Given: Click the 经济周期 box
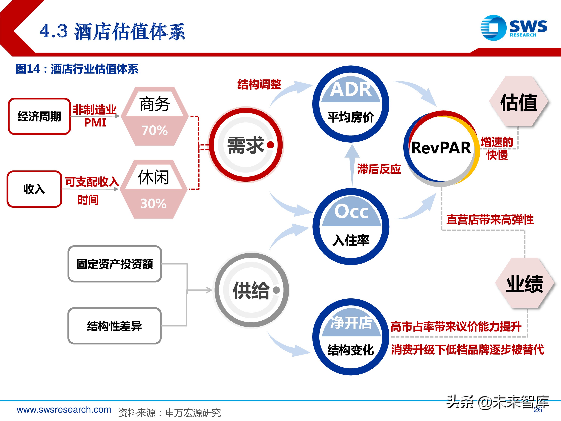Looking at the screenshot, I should pos(39,116).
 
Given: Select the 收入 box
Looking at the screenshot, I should pos(34,189).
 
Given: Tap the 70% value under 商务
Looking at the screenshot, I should pos(155,130).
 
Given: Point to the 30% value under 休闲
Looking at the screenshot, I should pos(154,204).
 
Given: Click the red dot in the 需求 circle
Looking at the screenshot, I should pos(271,145).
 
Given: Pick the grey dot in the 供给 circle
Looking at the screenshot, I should pos(276,290).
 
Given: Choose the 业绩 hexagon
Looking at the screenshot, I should pos(525,283).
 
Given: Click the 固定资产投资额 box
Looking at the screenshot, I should pos(115,264).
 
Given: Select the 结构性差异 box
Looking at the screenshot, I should pos(115,326).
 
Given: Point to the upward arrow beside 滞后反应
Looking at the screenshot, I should pos(352,165).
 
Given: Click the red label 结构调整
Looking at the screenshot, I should pos(259,84).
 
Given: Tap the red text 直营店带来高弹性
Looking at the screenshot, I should pos(490,219).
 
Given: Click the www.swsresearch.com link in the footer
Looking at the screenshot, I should pos(64,409).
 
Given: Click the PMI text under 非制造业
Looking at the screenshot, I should pos(95,123).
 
